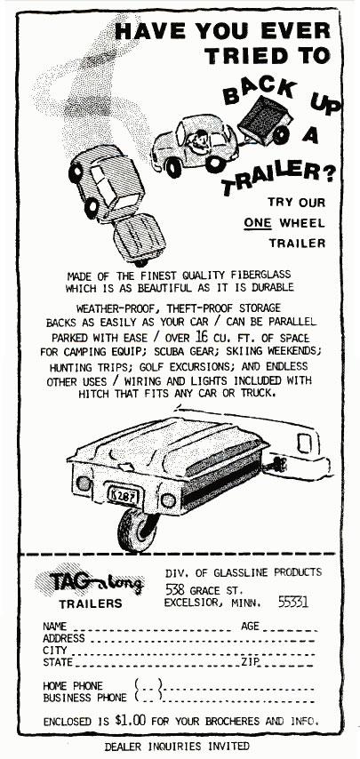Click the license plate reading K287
tap(123, 496)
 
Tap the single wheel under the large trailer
tap(137, 530)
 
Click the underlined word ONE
tap(258, 223)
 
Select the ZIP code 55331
tap(292, 602)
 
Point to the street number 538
tap(176, 589)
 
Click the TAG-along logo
tap(90, 582)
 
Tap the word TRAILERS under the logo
tap(91, 604)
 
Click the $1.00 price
tap(130, 720)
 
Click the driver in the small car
tap(198, 140)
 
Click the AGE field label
tap(250, 626)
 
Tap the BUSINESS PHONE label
tap(84, 698)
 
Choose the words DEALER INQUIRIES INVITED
tap(177, 746)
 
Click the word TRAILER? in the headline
tap(278, 175)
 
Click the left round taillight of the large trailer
tap(84, 483)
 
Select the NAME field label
tap(55, 627)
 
